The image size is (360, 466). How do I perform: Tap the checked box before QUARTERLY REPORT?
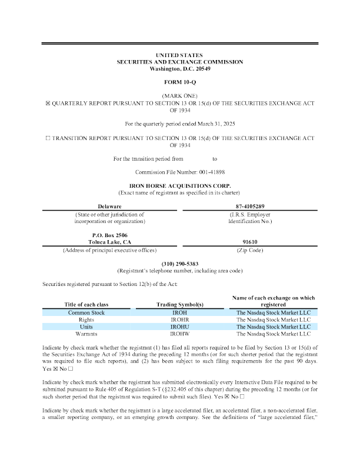[48, 102]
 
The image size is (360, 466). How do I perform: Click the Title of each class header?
[86, 304]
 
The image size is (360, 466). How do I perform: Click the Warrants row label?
[86, 334]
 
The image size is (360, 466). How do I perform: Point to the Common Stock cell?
[86, 312]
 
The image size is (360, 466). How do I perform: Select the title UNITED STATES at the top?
[180, 55]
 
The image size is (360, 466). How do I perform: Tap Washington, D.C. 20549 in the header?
[180, 69]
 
